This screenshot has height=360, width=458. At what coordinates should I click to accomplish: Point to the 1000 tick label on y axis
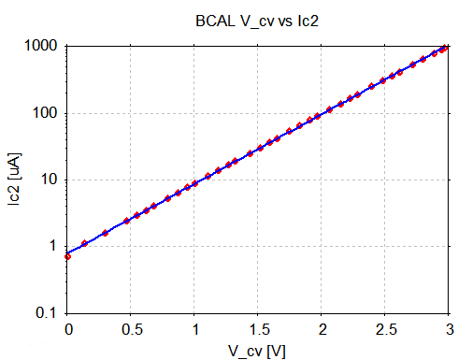(x=40, y=46)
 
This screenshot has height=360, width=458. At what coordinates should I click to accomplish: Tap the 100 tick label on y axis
(x=44, y=113)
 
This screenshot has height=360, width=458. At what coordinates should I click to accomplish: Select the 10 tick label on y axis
(x=48, y=180)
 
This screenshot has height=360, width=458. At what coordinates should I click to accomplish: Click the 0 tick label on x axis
(x=68, y=329)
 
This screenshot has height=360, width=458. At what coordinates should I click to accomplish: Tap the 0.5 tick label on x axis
(x=132, y=329)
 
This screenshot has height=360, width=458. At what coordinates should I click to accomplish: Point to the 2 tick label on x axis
(x=322, y=329)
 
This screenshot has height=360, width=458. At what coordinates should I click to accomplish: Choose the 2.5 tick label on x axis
(x=386, y=329)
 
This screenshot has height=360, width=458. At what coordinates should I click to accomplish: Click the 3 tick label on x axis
(x=449, y=329)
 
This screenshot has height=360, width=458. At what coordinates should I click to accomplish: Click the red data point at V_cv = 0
(x=68, y=255)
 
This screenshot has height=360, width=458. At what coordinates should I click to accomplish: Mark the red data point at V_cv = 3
(x=447, y=48)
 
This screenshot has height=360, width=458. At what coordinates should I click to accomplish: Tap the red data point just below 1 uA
(x=68, y=255)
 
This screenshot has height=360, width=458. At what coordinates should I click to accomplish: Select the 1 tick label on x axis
(x=195, y=329)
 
